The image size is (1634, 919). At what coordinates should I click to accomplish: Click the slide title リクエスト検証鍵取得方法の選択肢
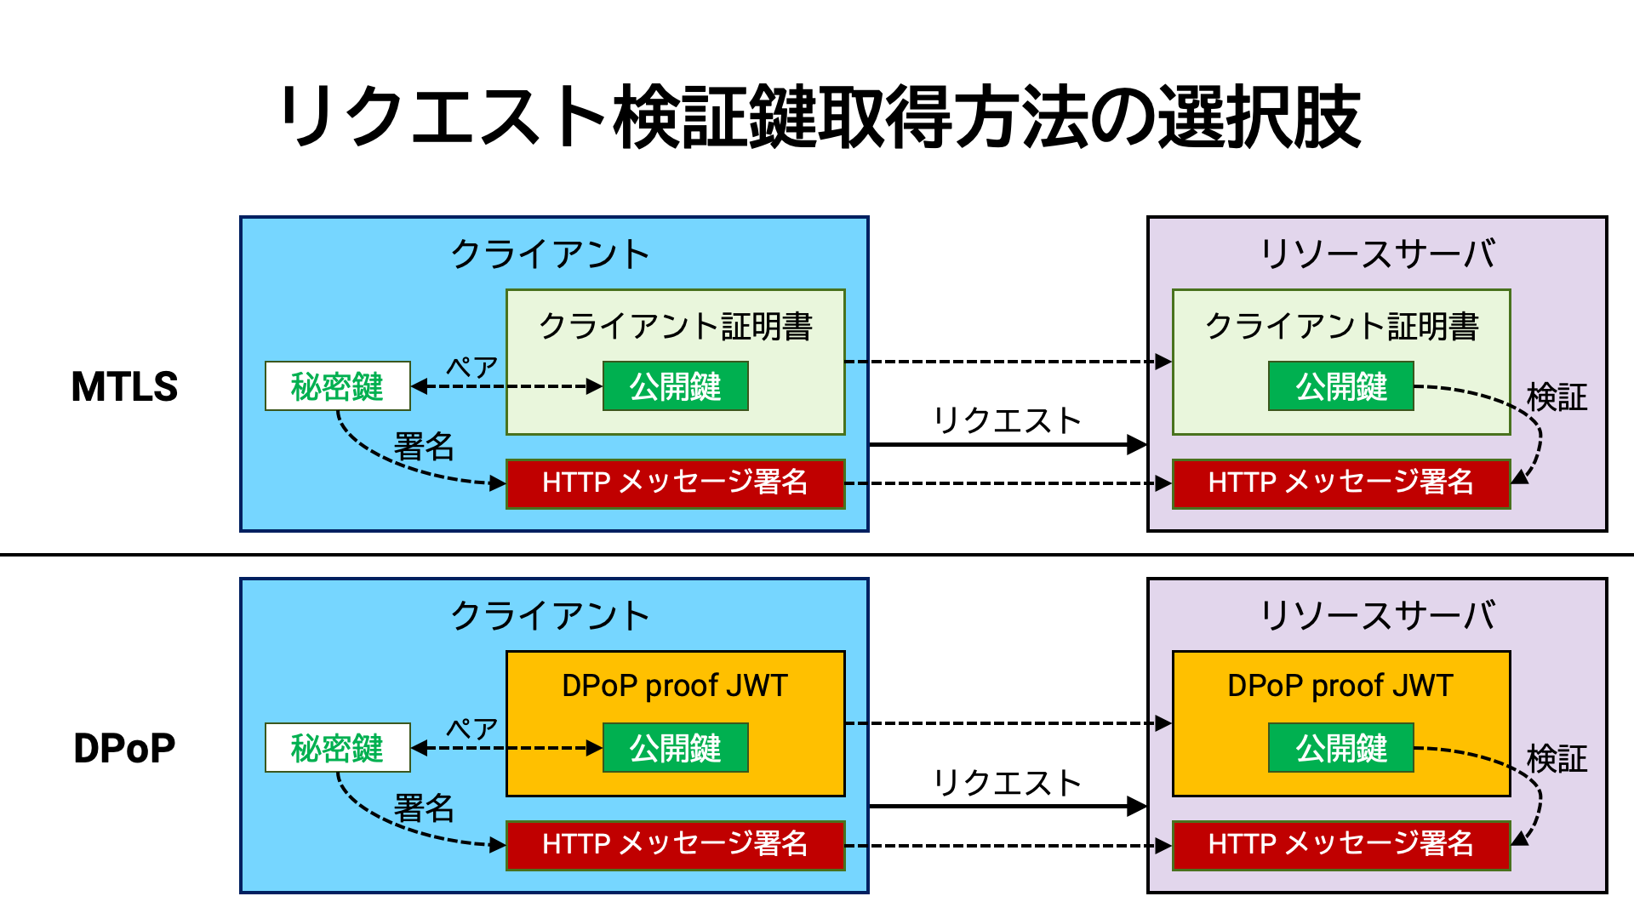click(820, 117)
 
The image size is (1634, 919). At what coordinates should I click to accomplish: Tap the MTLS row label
click(124, 387)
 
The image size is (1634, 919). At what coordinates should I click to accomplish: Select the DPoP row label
click(124, 749)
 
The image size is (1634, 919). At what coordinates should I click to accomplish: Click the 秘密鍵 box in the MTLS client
click(338, 386)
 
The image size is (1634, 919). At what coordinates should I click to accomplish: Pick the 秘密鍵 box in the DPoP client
click(338, 748)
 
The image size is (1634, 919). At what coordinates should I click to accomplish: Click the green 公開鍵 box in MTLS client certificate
click(676, 386)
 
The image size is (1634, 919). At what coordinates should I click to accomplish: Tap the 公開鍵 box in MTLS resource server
click(1341, 386)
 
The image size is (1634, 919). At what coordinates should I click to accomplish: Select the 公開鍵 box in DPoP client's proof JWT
click(676, 748)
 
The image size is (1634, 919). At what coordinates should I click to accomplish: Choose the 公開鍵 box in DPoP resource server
click(1341, 748)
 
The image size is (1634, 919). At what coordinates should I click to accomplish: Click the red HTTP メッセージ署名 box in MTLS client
click(676, 484)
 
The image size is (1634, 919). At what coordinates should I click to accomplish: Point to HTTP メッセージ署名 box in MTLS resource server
click(1341, 484)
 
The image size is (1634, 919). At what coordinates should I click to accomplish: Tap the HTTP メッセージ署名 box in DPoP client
click(676, 846)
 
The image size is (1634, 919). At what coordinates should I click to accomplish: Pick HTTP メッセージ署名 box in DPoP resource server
click(1341, 846)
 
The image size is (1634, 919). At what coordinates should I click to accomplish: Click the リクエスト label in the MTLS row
click(1007, 420)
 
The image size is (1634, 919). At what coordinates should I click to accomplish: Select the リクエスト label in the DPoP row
click(1007, 783)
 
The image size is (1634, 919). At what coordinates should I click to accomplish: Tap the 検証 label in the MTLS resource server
click(1557, 397)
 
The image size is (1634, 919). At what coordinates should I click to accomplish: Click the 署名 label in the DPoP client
click(424, 808)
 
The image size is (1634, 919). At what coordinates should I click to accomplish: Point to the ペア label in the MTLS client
click(472, 367)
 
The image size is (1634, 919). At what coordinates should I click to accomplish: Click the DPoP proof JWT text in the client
click(675, 686)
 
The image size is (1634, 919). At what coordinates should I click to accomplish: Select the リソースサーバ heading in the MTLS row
click(1377, 254)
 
